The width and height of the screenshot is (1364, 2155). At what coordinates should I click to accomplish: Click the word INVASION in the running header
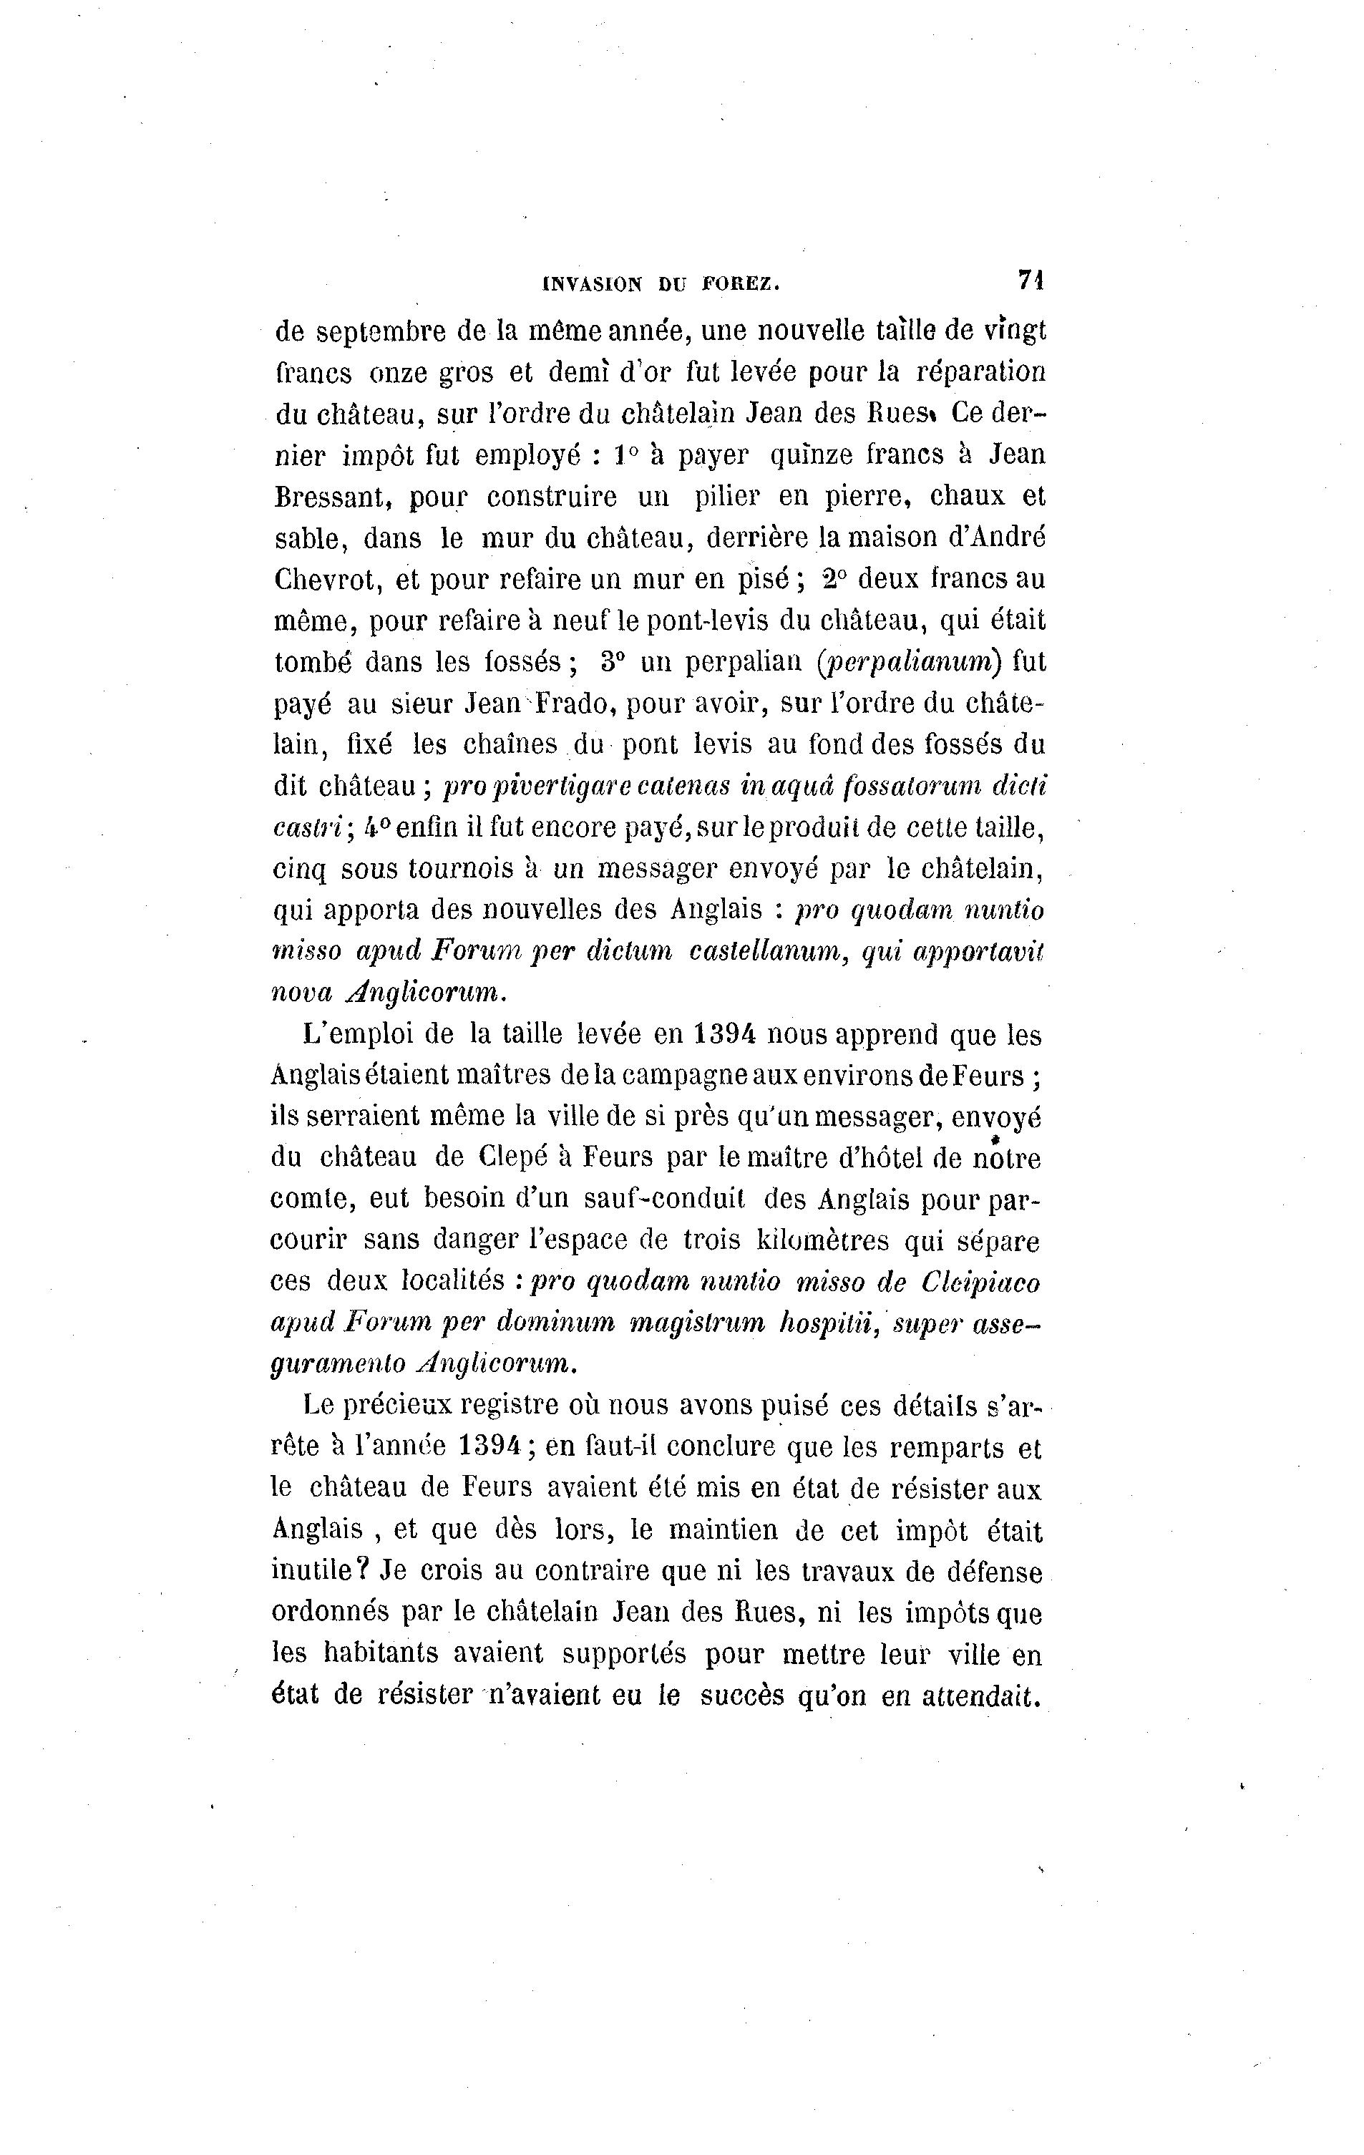592,285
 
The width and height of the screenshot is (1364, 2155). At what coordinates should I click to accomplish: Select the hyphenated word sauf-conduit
598,1200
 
